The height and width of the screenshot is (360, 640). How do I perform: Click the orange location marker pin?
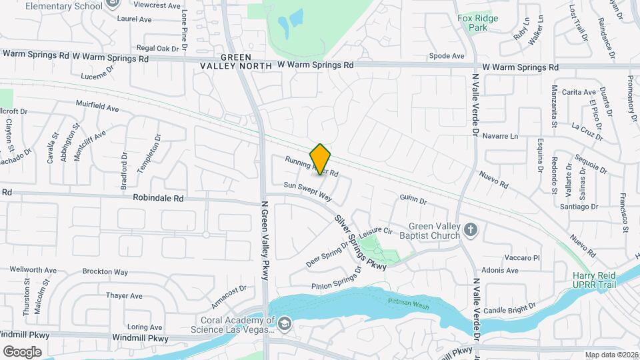(x=321, y=159)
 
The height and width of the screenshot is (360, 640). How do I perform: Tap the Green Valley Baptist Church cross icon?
(x=471, y=231)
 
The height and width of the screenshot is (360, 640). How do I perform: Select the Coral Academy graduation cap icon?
(x=285, y=324)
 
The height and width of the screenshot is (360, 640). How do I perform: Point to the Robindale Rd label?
(x=158, y=198)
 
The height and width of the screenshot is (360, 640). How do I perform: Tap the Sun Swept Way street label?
(x=307, y=191)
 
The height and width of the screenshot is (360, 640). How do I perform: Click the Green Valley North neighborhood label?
(x=237, y=61)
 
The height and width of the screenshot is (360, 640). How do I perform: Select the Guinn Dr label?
(x=413, y=199)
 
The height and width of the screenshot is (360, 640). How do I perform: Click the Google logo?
(x=22, y=351)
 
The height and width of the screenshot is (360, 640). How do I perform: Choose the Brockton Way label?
(x=105, y=272)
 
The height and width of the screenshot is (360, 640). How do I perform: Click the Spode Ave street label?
(x=447, y=56)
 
